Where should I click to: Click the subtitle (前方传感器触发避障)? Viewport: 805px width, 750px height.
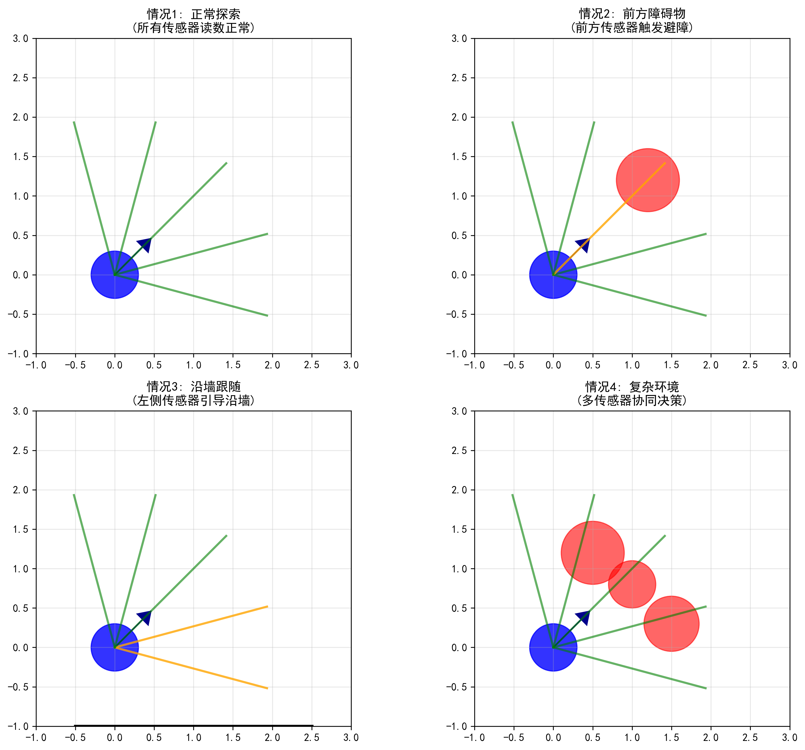tap(632, 28)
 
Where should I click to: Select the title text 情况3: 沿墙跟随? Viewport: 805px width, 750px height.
tap(193, 387)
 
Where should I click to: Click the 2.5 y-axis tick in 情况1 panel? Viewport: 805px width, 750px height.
tap(20, 78)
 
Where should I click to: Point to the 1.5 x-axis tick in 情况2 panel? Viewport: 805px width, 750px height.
tap(671, 365)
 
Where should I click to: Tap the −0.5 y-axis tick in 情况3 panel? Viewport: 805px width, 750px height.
tap(18, 687)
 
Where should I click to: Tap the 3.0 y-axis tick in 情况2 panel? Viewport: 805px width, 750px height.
tap(459, 38)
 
